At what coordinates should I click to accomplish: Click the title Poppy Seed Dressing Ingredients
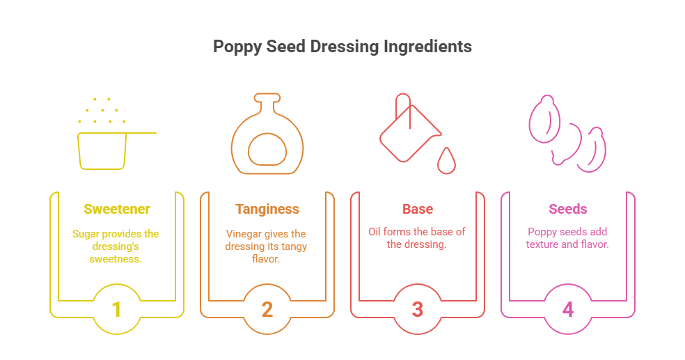tap(342, 47)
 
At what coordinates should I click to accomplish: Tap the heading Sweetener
tap(116, 209)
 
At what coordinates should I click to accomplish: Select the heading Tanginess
tap(267, 209)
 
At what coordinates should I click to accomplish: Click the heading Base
tap(418, 209)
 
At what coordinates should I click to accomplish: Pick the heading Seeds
tap(568, 209)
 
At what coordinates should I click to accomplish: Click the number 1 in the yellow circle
tap(116, 309)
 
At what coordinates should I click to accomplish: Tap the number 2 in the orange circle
tap(267, 309)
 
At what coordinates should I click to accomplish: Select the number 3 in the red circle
tap(418, 309)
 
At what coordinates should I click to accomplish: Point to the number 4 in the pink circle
tap(568, 309)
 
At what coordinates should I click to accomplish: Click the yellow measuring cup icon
tap(102, 149)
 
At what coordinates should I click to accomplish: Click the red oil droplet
tap(446, 162)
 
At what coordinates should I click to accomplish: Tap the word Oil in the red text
tap(375, 231)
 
